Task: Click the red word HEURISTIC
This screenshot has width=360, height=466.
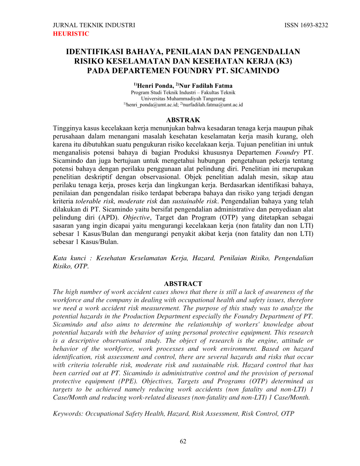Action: pyautogui.click(x=71, y=34)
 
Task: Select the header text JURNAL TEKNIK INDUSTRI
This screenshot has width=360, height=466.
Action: pyautogui.click(x=94, y=25)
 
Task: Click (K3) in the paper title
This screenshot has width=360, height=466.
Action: pyautogui.click(x=283, y=61)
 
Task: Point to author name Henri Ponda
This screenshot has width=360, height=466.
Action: pyautogui.click(x=155, y=86)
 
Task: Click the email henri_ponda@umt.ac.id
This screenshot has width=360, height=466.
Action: pyautogui.click(x=152, y=105)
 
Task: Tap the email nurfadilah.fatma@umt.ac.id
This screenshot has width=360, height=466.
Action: pyautogui.click(x=213, y=105)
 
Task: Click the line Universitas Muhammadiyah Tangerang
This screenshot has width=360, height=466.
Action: pyautogui.click(x=183, y=98)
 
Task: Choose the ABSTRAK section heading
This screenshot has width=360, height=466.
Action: pyautogui.click(x=183, y=120)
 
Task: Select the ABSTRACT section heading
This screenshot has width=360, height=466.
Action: pyautogui.click(x=183, y=284)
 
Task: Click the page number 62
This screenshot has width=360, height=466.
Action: pyautogui.click(x=183, y=441)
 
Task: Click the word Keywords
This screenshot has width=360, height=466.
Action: pyautogui.click(x=68, y=413)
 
